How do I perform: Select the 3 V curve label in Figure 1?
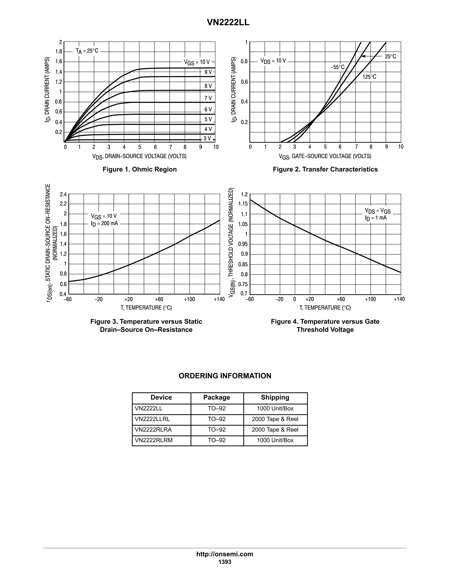pyautogui.click(x=207, y=138)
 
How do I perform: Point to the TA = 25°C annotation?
pyautogui.click(x=87, y=51)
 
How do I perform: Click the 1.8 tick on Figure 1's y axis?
pyautogui.click(x=59, y=51)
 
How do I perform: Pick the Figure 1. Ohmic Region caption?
pyautogui.click(x=140, y=169)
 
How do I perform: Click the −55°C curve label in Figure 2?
pyautogui.click(x=337, y=67)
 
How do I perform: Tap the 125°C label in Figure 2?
pyautogui.click(x=369, y=77)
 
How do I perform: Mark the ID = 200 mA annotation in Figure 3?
pyautogui.click(x=104, y=224)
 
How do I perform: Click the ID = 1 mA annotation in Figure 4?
pyautogui.click(x=376, y=218)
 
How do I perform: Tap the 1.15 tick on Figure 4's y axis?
pyautogui.click(x=243, y=204)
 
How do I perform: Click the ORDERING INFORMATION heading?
pyautogui.click(x=225, y=376)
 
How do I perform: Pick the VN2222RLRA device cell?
pyautogui.click(x=153, y=429)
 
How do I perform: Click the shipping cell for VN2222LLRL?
pyautogui.click(x=275, y=419)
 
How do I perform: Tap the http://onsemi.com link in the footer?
pyautogui.click(x=225, y=554)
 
